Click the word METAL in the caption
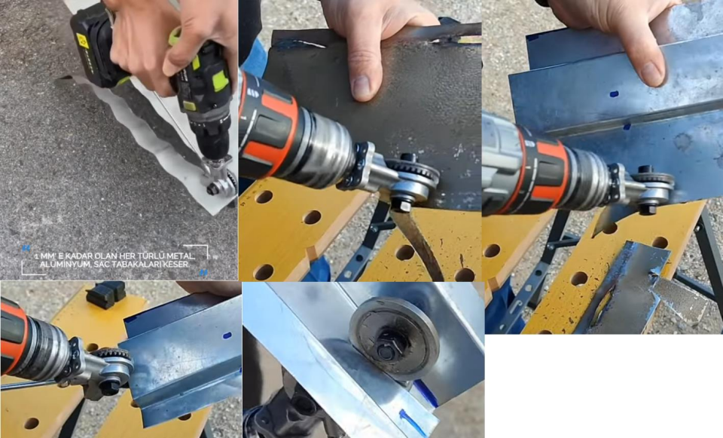click(183, 256)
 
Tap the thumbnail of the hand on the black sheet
click(362, 87)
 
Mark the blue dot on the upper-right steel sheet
click(614, 95)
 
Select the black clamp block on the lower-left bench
click(105, 294)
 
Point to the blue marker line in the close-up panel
click(413, 422)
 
